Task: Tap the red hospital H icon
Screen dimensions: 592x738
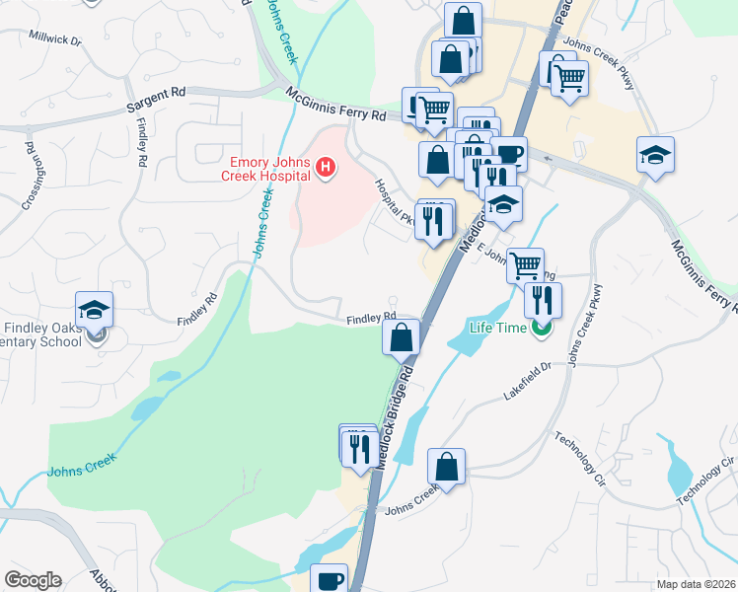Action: (326, 170)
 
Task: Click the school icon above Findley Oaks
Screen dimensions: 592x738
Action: (95, 310)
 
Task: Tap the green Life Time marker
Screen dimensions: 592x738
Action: (540, 328)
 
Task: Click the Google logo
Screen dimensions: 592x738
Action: (33, 580)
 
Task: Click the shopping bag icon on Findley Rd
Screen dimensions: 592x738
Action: (401, 337)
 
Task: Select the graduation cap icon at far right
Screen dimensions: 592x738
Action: (655, 156)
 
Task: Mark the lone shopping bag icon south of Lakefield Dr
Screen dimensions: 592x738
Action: (446, 467)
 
